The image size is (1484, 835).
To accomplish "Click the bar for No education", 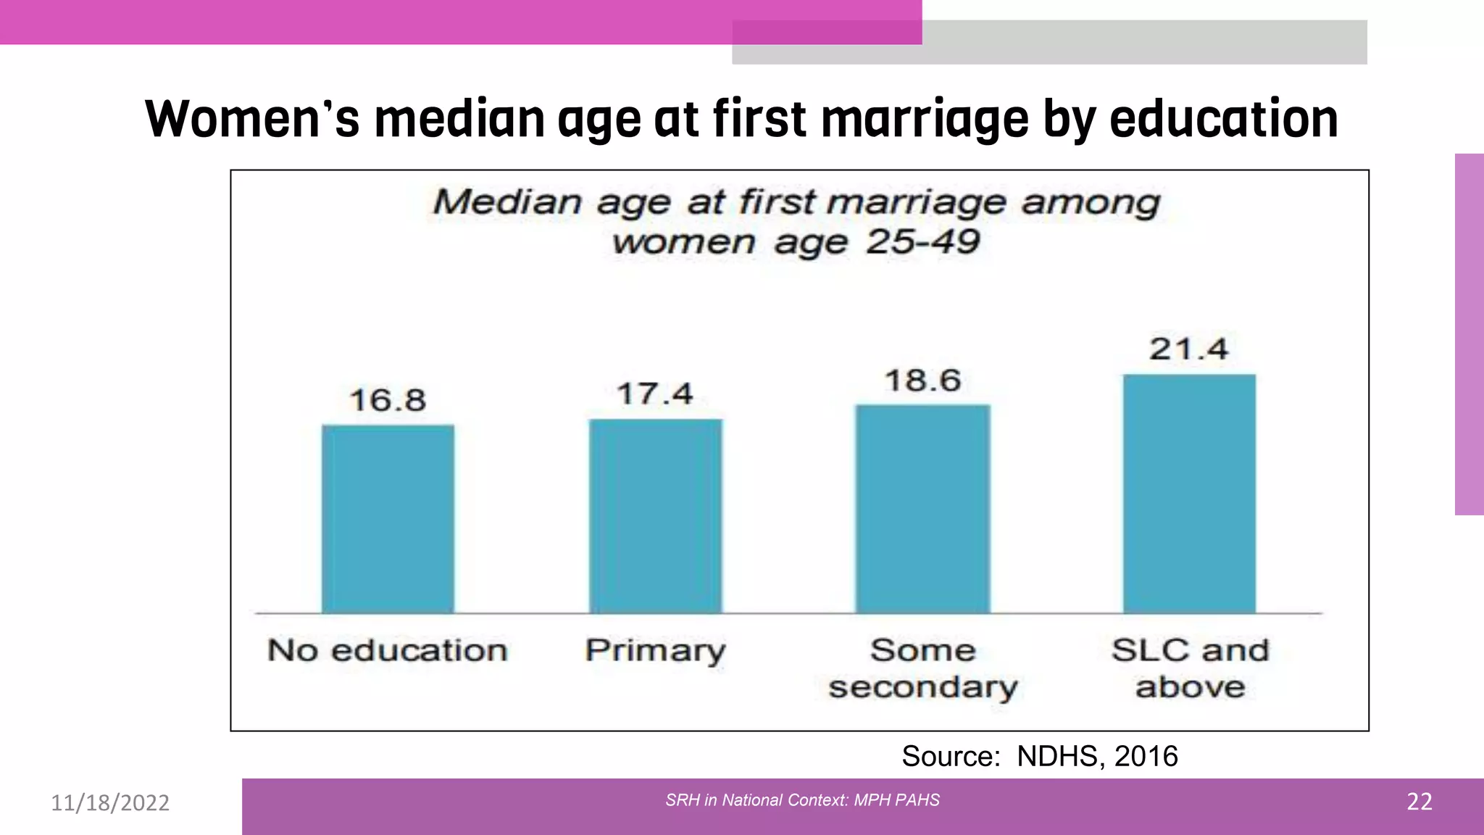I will [x=388, y=519].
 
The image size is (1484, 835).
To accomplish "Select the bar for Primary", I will [x=655, y=516].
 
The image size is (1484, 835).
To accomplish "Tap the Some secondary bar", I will [x=922, y=509].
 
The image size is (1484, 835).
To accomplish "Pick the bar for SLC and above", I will [x=1189, y=494].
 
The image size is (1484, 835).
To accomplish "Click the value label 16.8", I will [x=388, y=400].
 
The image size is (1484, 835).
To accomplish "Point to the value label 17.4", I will [x=655, y=394].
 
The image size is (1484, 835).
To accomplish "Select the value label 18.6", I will [x=922, y=381].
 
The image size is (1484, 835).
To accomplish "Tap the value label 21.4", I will [x=1189, y=349].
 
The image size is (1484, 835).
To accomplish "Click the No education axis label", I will [x=388, y=650].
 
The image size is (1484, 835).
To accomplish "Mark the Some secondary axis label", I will [x=923, y=668].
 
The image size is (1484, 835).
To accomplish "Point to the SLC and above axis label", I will [x=1191, y=668].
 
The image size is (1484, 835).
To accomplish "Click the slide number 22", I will [x=1419, y=802].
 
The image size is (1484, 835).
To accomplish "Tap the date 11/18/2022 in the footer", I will [x=110, y=803].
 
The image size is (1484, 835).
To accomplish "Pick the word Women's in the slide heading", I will [x=252, y=119].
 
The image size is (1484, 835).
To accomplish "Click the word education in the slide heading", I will [x=1223, y=119].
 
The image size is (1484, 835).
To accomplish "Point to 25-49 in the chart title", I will [x=922, y=242].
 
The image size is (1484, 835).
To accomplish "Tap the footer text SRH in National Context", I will [x=756, y=800].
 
